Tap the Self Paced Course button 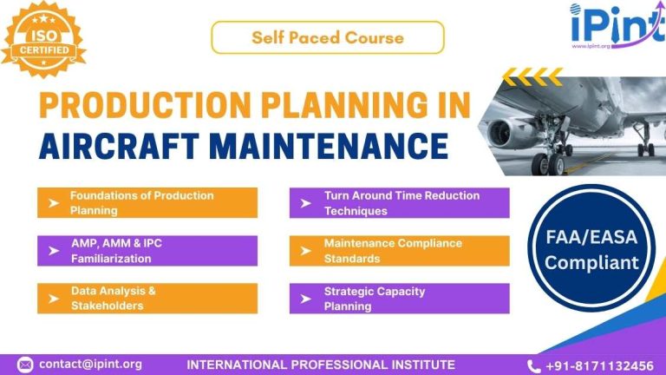(x=327, y=37)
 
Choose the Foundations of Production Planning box (x=147, y=203)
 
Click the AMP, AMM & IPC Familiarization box (x=147, y=251)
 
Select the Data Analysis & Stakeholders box (x=147, y=299)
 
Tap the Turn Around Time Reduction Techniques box (x=399, y=203)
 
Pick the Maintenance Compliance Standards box (x=399, y=251)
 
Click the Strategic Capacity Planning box (x=399, y=299)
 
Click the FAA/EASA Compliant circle (x=591, y=247)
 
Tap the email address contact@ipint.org (x=90, y=365)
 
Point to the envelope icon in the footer (x=25, y=365)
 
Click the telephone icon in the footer (x=533, y=365)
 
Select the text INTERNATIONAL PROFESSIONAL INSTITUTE (x=321, y=365)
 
